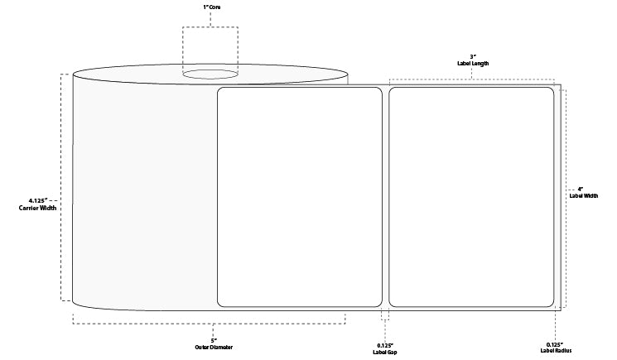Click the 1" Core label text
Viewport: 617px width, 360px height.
point(210,7)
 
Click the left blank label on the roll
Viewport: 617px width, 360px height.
point(298,196)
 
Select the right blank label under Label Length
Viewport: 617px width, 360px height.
point(470,196)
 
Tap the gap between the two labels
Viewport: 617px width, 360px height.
point(385,196)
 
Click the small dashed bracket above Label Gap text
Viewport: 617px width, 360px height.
point(385,315)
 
